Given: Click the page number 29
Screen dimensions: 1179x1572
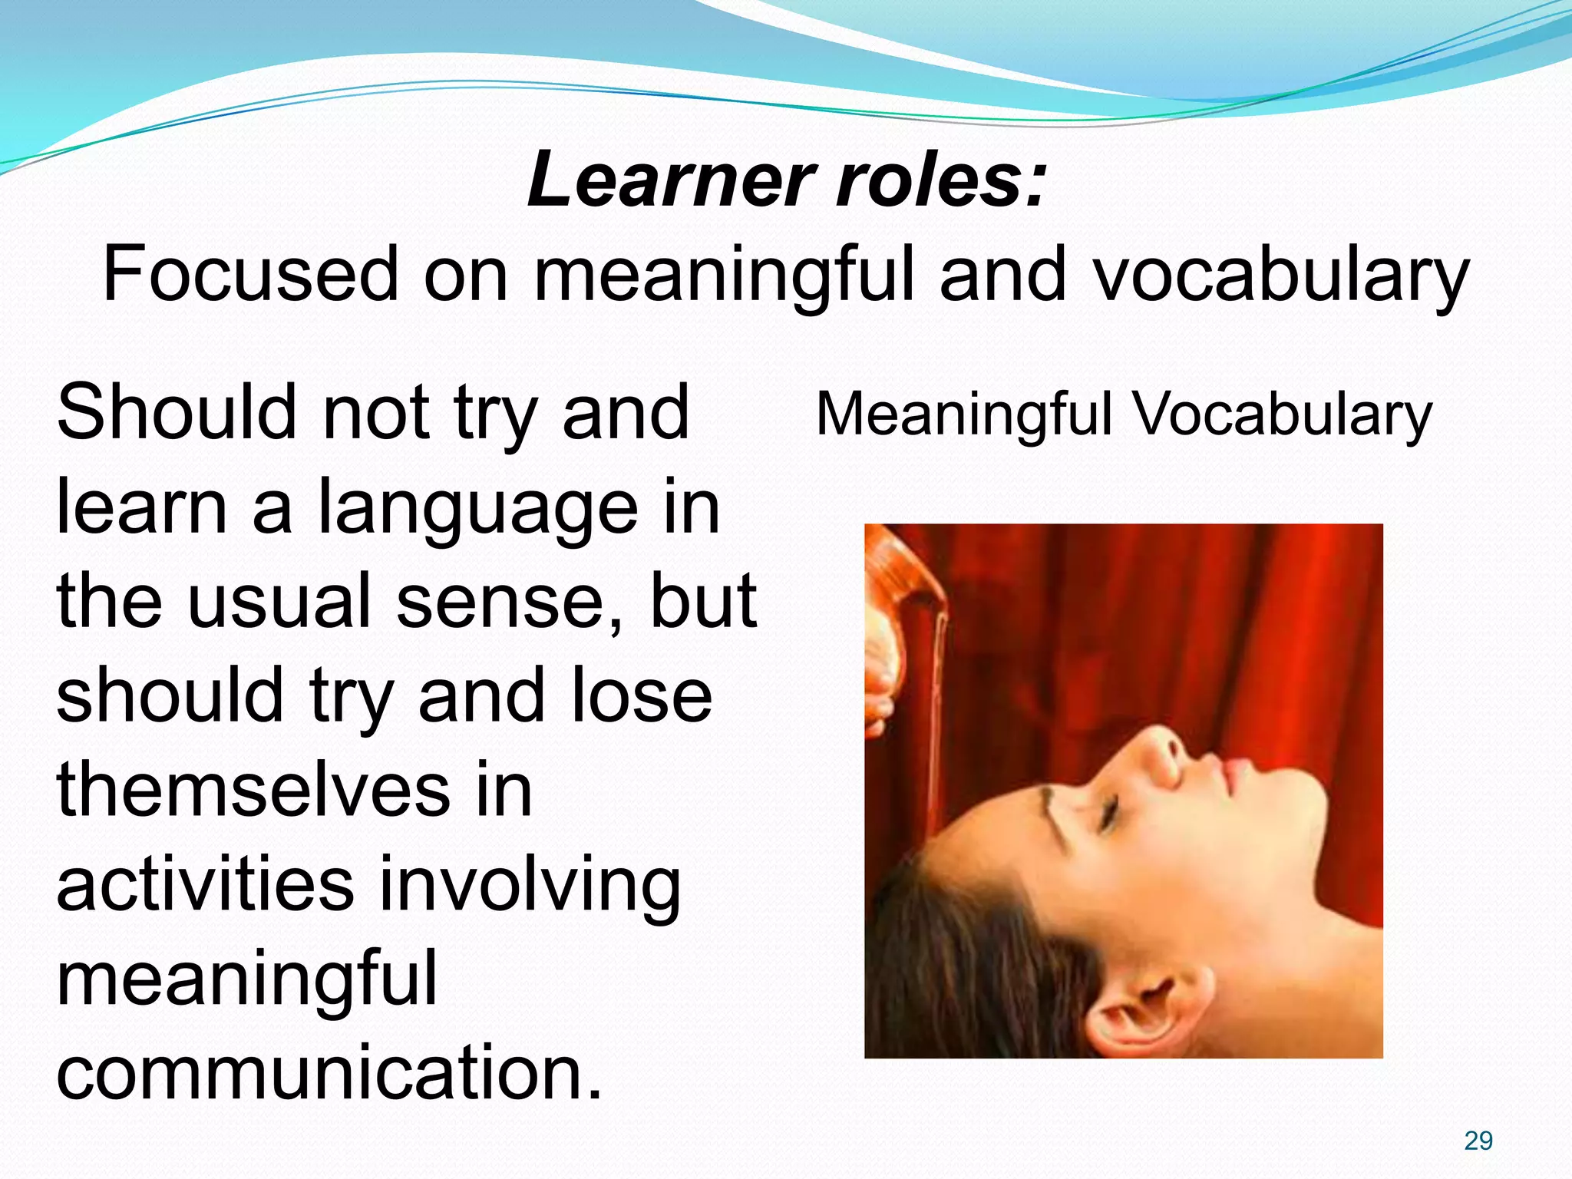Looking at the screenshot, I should [x=1478, y=1141].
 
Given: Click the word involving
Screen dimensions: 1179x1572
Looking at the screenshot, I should [x=530, y=887].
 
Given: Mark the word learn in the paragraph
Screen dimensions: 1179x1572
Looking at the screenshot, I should [x=142, y=507].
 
